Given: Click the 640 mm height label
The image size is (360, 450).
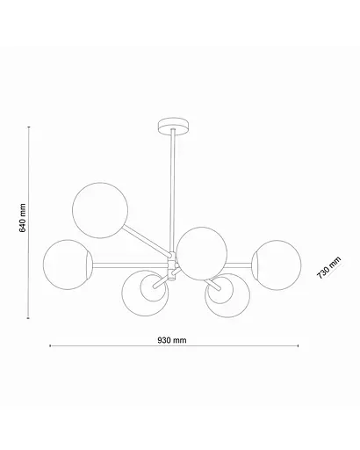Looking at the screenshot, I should pyautogui.click(x=23, y=221).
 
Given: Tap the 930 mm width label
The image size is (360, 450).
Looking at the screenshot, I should pyautogui.click(x=174, y=338).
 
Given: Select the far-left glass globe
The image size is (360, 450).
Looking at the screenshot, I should pyautogui.click(x=65, y=264).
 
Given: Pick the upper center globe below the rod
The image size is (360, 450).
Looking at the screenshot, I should pyautogui.click(x=201, y=249).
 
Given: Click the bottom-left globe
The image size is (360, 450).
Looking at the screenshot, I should pyautogui.click(x=143, y=294).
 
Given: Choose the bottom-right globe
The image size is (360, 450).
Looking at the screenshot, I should pyautogui.click(x=226, y=297).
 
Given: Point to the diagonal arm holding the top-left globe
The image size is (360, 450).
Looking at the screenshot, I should pyautogui.click(x=144, y=239).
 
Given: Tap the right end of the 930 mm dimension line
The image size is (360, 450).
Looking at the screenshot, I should pyautogui.click(x=300, y=345).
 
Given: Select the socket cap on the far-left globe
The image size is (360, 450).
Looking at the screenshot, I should pyautogui.click(x=87, y=264).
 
